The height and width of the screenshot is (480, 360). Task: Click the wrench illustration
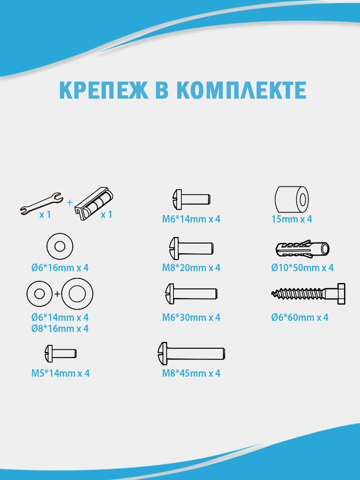coord(42,204)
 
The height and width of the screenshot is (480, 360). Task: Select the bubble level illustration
coord(94,203)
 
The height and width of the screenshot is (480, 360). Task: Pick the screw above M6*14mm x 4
coord(191,199)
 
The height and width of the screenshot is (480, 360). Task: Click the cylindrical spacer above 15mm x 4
coord(292,199)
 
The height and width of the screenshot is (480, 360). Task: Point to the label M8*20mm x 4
coord(191,268)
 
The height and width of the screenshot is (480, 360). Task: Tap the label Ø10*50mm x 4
coord(302,268)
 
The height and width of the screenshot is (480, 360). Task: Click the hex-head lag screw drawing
coord(308,294)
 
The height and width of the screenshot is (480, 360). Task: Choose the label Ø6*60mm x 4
coord(300,317)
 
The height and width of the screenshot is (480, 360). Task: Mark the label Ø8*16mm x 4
coord(60,329)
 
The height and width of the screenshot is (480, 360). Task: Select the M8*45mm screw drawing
coord(191,354)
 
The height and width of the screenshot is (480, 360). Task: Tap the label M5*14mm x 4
coord(60,373)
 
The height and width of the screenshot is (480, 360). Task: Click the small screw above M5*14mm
coord(60,354)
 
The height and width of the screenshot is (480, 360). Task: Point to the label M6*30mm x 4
coord(191,317)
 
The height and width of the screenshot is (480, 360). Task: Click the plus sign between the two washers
coord(57,294)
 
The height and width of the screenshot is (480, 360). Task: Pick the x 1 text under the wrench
coord(45,215)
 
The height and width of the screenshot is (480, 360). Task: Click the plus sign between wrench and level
coord(70,202)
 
